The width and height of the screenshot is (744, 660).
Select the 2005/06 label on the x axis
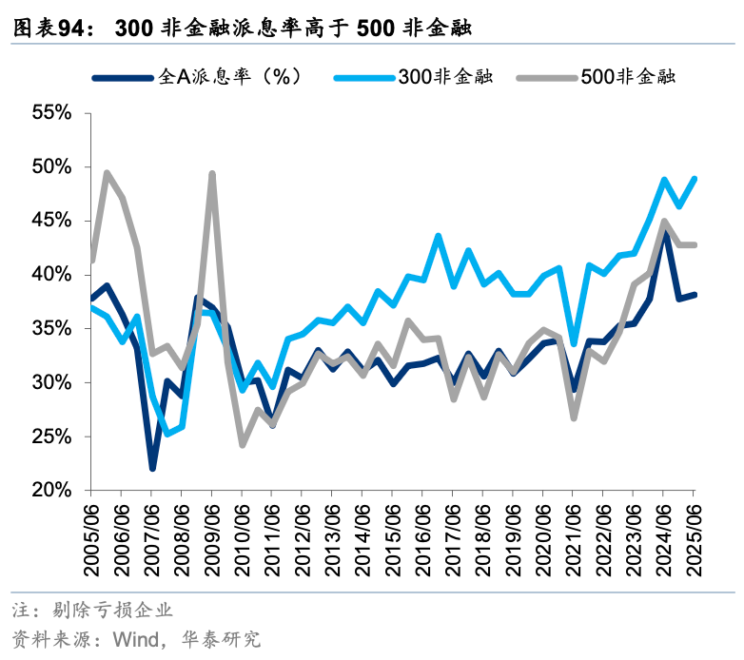[91, 537]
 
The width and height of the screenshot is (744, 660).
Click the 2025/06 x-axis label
[695, 537]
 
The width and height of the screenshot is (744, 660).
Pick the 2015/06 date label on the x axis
[393, 537]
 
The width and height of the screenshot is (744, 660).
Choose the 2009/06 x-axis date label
[212, 537]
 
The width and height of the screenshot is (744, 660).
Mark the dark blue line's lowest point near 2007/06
[151, 468]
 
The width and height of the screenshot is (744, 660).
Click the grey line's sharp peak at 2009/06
[211, 174]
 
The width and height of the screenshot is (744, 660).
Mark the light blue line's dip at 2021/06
[573, 342]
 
